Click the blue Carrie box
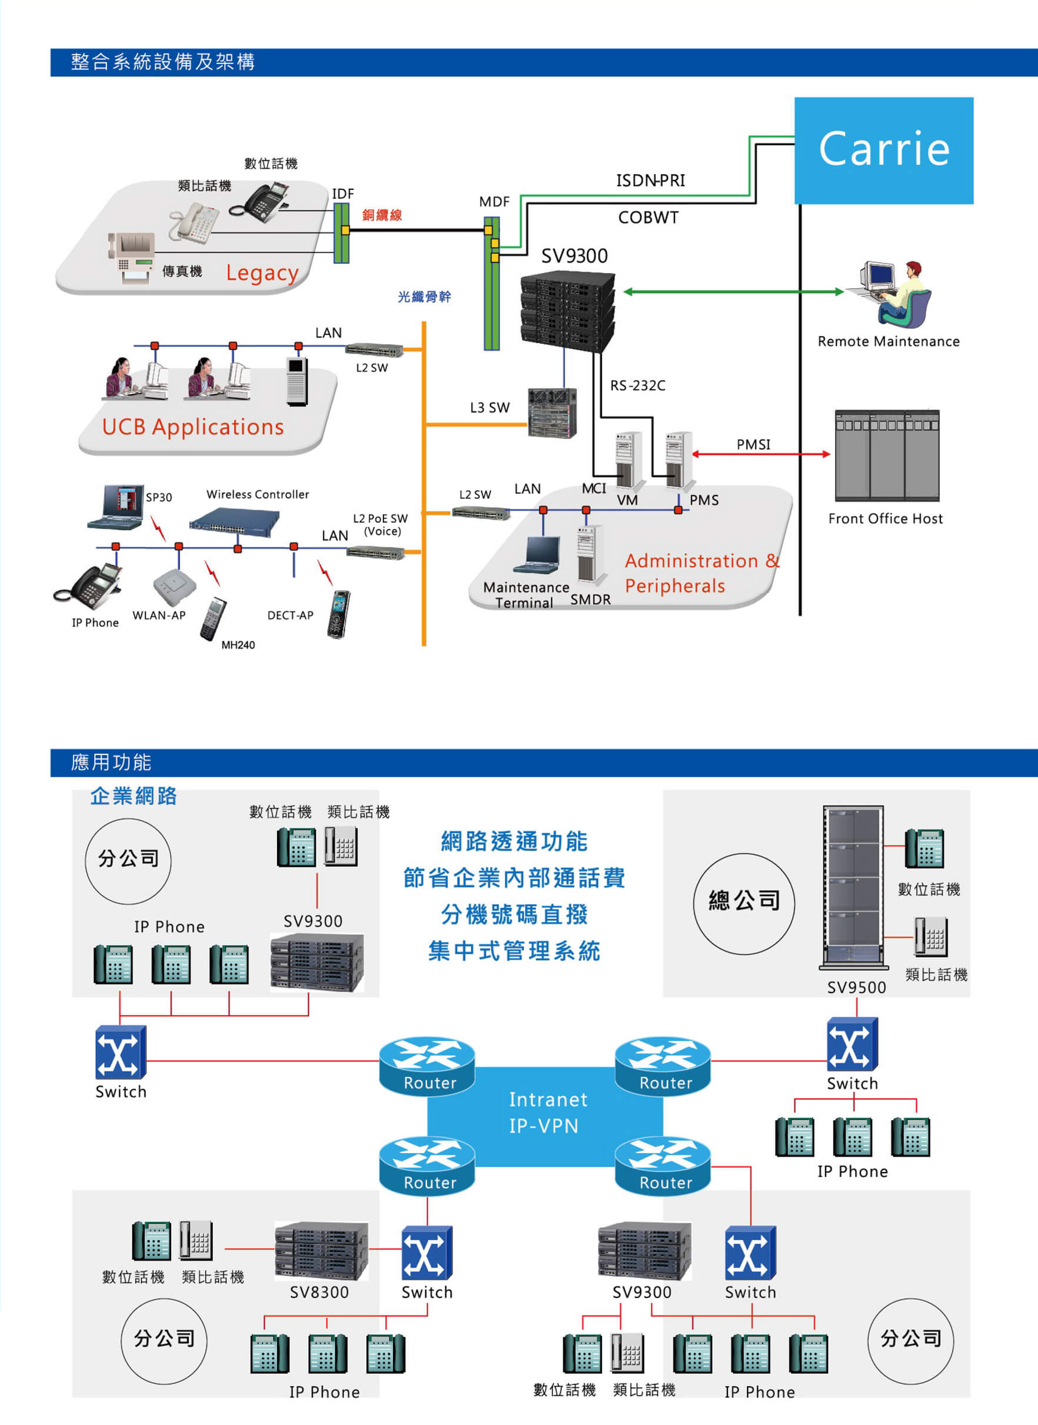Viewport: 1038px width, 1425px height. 883,150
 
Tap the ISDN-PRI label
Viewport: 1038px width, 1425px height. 650,181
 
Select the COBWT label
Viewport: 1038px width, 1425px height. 649,218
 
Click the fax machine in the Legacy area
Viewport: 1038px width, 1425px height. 131,257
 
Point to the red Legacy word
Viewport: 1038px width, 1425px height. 262,273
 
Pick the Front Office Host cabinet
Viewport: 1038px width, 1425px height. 887,455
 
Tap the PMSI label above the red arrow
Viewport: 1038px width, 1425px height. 753,444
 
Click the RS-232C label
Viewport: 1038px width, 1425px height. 638,385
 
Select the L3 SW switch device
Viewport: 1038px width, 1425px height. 552,412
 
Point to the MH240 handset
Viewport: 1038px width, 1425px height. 213,619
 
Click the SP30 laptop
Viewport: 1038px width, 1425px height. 117,507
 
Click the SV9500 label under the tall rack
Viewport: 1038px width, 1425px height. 856,987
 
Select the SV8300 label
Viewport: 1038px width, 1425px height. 319,1293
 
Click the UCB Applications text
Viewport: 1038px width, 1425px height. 193,427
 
